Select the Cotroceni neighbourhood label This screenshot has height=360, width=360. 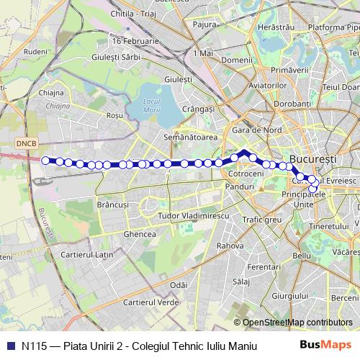pyautogui.click(x=242, y=174)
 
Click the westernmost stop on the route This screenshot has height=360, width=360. pyautogui.click(x=46, y=161)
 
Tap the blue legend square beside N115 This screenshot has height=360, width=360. pyautogui.click(x=9, y=346)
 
